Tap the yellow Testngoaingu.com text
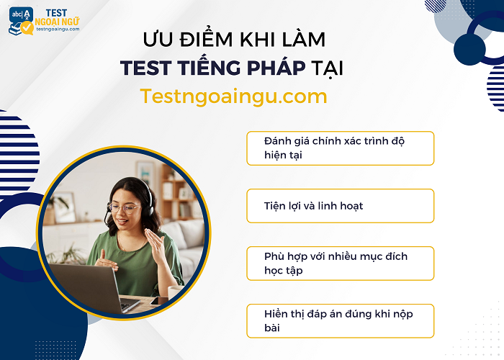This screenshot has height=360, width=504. (x=234, y=96)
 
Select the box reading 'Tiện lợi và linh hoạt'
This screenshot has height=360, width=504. (x=340, y=206)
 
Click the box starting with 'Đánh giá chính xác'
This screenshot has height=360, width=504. (x=340, y=148)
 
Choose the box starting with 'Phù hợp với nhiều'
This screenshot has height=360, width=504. (x=340, y=263)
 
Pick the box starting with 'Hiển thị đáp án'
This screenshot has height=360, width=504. (x=340, y=320)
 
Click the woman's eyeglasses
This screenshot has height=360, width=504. (x=124, y=209)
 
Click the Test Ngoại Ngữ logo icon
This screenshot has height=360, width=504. (x=22, y=22)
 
